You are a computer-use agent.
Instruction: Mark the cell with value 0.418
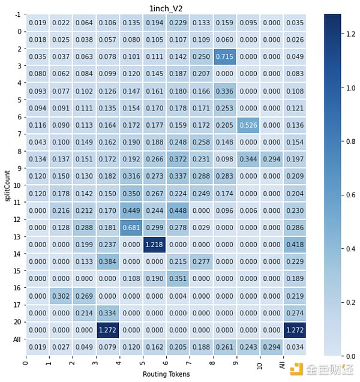pos(295,245)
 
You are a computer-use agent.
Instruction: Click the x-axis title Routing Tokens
pos(166,374)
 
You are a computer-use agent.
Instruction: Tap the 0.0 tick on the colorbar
pos(348,356)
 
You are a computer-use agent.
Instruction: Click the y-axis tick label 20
pos(19,322)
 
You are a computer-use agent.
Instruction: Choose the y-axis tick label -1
pos(19,14)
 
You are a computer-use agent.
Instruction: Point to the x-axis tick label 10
pos(259,366)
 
